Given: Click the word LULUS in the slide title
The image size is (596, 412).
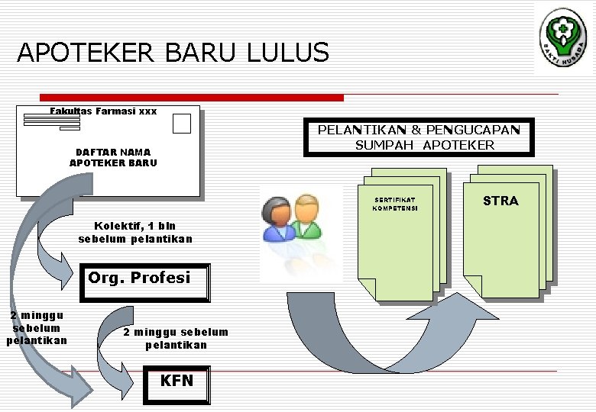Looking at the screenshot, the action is point(288,53).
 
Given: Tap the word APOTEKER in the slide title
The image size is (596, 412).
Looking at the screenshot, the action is point(86,53).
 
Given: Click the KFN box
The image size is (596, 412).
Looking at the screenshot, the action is point(177,381).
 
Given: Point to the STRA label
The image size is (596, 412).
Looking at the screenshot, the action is point(500,201).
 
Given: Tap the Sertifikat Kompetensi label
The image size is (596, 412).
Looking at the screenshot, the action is point(395,204).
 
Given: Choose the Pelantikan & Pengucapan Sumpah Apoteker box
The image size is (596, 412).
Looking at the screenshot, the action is point(418,137).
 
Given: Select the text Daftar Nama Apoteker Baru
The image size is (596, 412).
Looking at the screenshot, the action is point(113,157).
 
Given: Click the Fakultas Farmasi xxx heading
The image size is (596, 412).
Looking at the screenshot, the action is point(103,111).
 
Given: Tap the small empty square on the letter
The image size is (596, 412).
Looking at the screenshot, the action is point(181,124).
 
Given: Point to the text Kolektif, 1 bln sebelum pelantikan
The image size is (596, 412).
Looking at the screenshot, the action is point(135,232).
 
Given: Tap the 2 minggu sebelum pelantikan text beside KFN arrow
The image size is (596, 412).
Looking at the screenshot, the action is point(176,338).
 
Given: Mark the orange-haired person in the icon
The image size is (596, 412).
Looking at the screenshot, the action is point(306,214).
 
